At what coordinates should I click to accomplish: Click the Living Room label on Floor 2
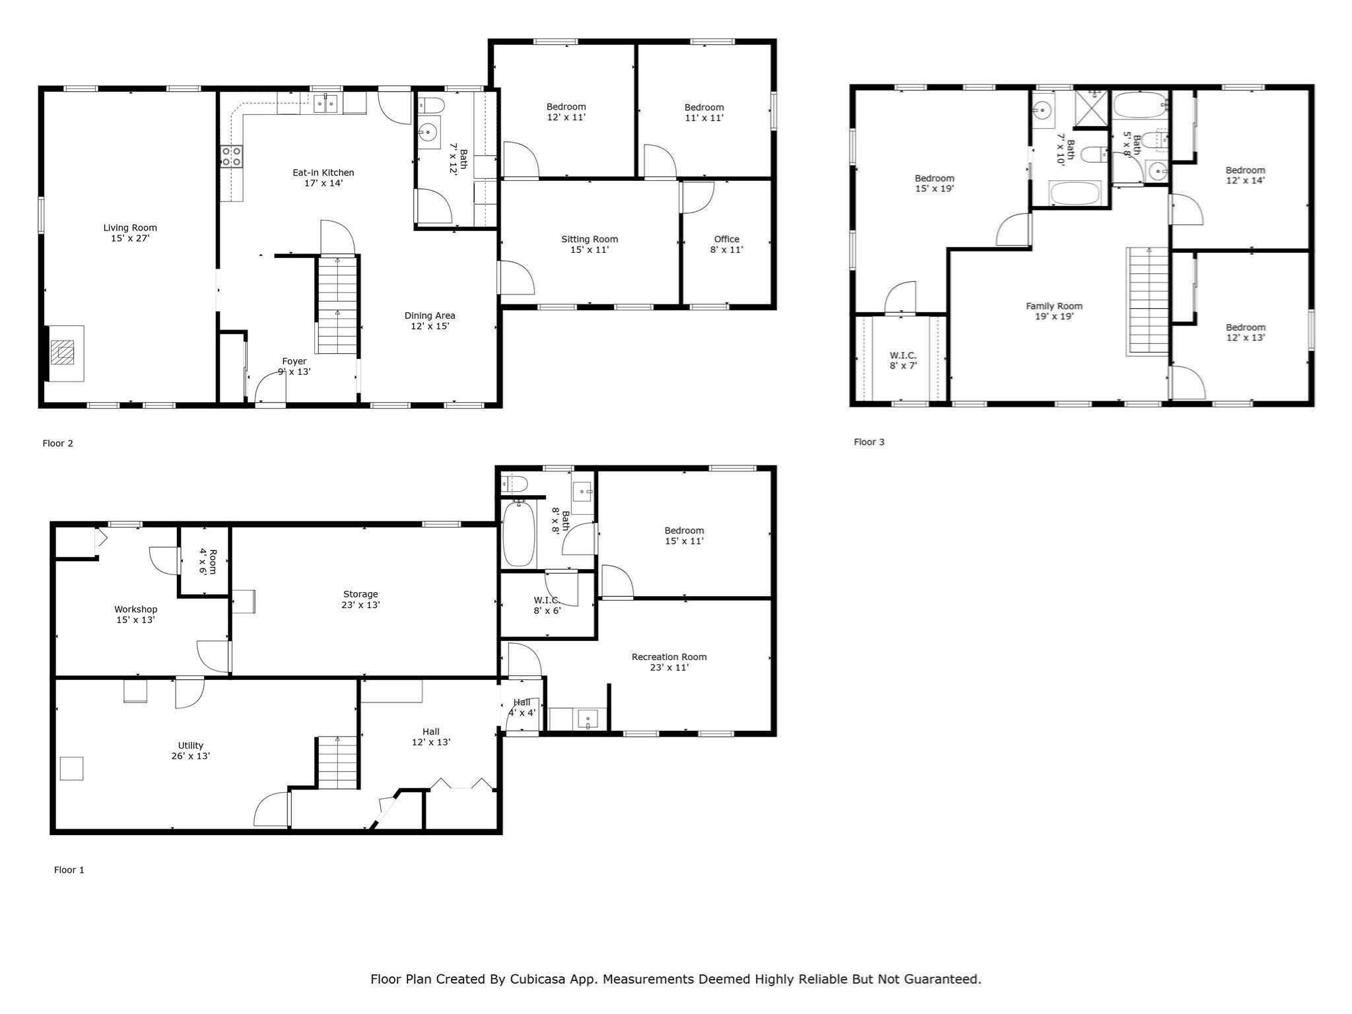point(130,233)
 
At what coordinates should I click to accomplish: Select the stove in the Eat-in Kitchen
point(230,156)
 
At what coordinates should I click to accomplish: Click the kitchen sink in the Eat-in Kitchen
point(325,104)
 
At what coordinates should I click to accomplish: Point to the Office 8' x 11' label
point(727,244)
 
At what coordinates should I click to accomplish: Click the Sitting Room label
point(590,244)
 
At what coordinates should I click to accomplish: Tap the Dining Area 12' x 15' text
point(430,321)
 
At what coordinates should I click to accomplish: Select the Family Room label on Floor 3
point(1054,311)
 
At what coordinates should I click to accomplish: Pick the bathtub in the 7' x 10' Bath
point(1075,194)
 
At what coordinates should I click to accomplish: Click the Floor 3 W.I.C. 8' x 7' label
point(902,360)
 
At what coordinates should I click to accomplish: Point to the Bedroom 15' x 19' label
point(934,184)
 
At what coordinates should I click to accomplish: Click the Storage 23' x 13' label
point(360,599)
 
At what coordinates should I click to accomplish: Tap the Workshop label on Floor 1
point(135,615)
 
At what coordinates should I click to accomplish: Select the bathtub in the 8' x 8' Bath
point(518,534)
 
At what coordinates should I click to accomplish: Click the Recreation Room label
point(669,662)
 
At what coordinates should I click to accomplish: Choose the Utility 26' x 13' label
point(190,751)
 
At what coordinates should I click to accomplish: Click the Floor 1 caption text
point(69,870)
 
